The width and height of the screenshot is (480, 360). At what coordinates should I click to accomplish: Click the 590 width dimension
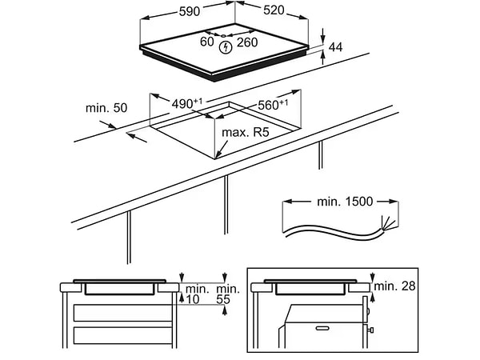(x=190, y=12)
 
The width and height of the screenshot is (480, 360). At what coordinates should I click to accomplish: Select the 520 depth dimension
(x=274, y=10)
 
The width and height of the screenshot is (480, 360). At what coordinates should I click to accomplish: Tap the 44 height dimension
(x=335, y=47)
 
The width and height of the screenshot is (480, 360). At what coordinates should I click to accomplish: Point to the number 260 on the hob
(x=247, y=42)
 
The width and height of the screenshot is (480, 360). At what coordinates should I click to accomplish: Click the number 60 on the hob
(x=207, y=42)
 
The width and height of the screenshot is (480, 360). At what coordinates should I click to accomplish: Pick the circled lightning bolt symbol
(x=226, y=47)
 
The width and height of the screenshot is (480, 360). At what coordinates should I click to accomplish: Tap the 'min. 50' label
(x=106, y=108)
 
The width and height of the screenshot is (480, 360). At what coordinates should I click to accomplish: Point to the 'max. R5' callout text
(x=246, y=132)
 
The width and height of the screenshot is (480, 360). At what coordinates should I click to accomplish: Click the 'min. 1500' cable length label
(x=345, y=202)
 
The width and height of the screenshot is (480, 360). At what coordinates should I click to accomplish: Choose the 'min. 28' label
(x=394, y=286)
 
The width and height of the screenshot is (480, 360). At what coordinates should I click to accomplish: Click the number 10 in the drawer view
(x=193, y=299)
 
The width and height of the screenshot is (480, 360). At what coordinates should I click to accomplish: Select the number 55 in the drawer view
(x=223, y=299)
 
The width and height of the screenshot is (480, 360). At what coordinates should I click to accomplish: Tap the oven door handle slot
(x=322, y=329)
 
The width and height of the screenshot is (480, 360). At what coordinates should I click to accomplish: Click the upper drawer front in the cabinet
(x=122, y=313)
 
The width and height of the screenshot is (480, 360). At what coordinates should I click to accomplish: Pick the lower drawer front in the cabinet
(x=122, y=335)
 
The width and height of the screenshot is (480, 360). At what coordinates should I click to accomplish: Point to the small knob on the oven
(x=371, y=330)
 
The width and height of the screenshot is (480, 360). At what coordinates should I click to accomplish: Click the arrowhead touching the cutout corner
(x=218, y=155)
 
